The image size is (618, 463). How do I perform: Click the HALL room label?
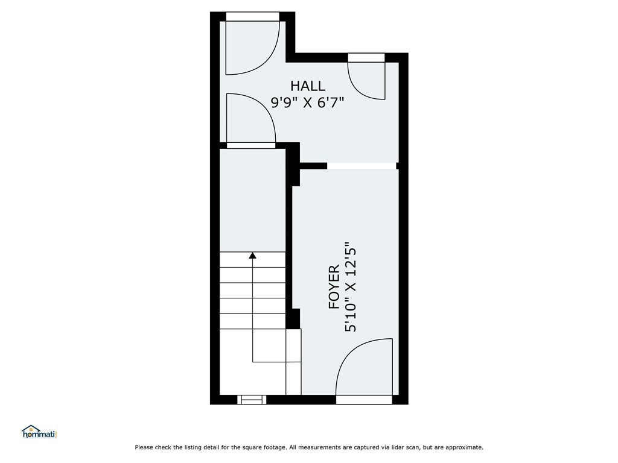click(308, 86)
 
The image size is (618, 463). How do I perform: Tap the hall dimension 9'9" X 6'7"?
click(307, 102)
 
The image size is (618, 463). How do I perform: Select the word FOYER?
click(334, 286)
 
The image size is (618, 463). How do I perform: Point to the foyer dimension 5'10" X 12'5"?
click(351, 286)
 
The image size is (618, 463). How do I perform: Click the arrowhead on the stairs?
click(253, 256)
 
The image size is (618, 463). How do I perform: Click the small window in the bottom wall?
click(252, 400)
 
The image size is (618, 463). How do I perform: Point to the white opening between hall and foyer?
click(362, 166)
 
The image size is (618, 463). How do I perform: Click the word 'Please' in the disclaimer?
click(144, 447)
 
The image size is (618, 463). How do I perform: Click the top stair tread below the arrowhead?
click(252, 260)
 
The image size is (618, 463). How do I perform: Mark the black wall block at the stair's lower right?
click(293, 318)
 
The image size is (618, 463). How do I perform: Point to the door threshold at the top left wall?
click(253, 16)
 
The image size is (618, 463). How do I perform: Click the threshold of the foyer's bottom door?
click(364, 400)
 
